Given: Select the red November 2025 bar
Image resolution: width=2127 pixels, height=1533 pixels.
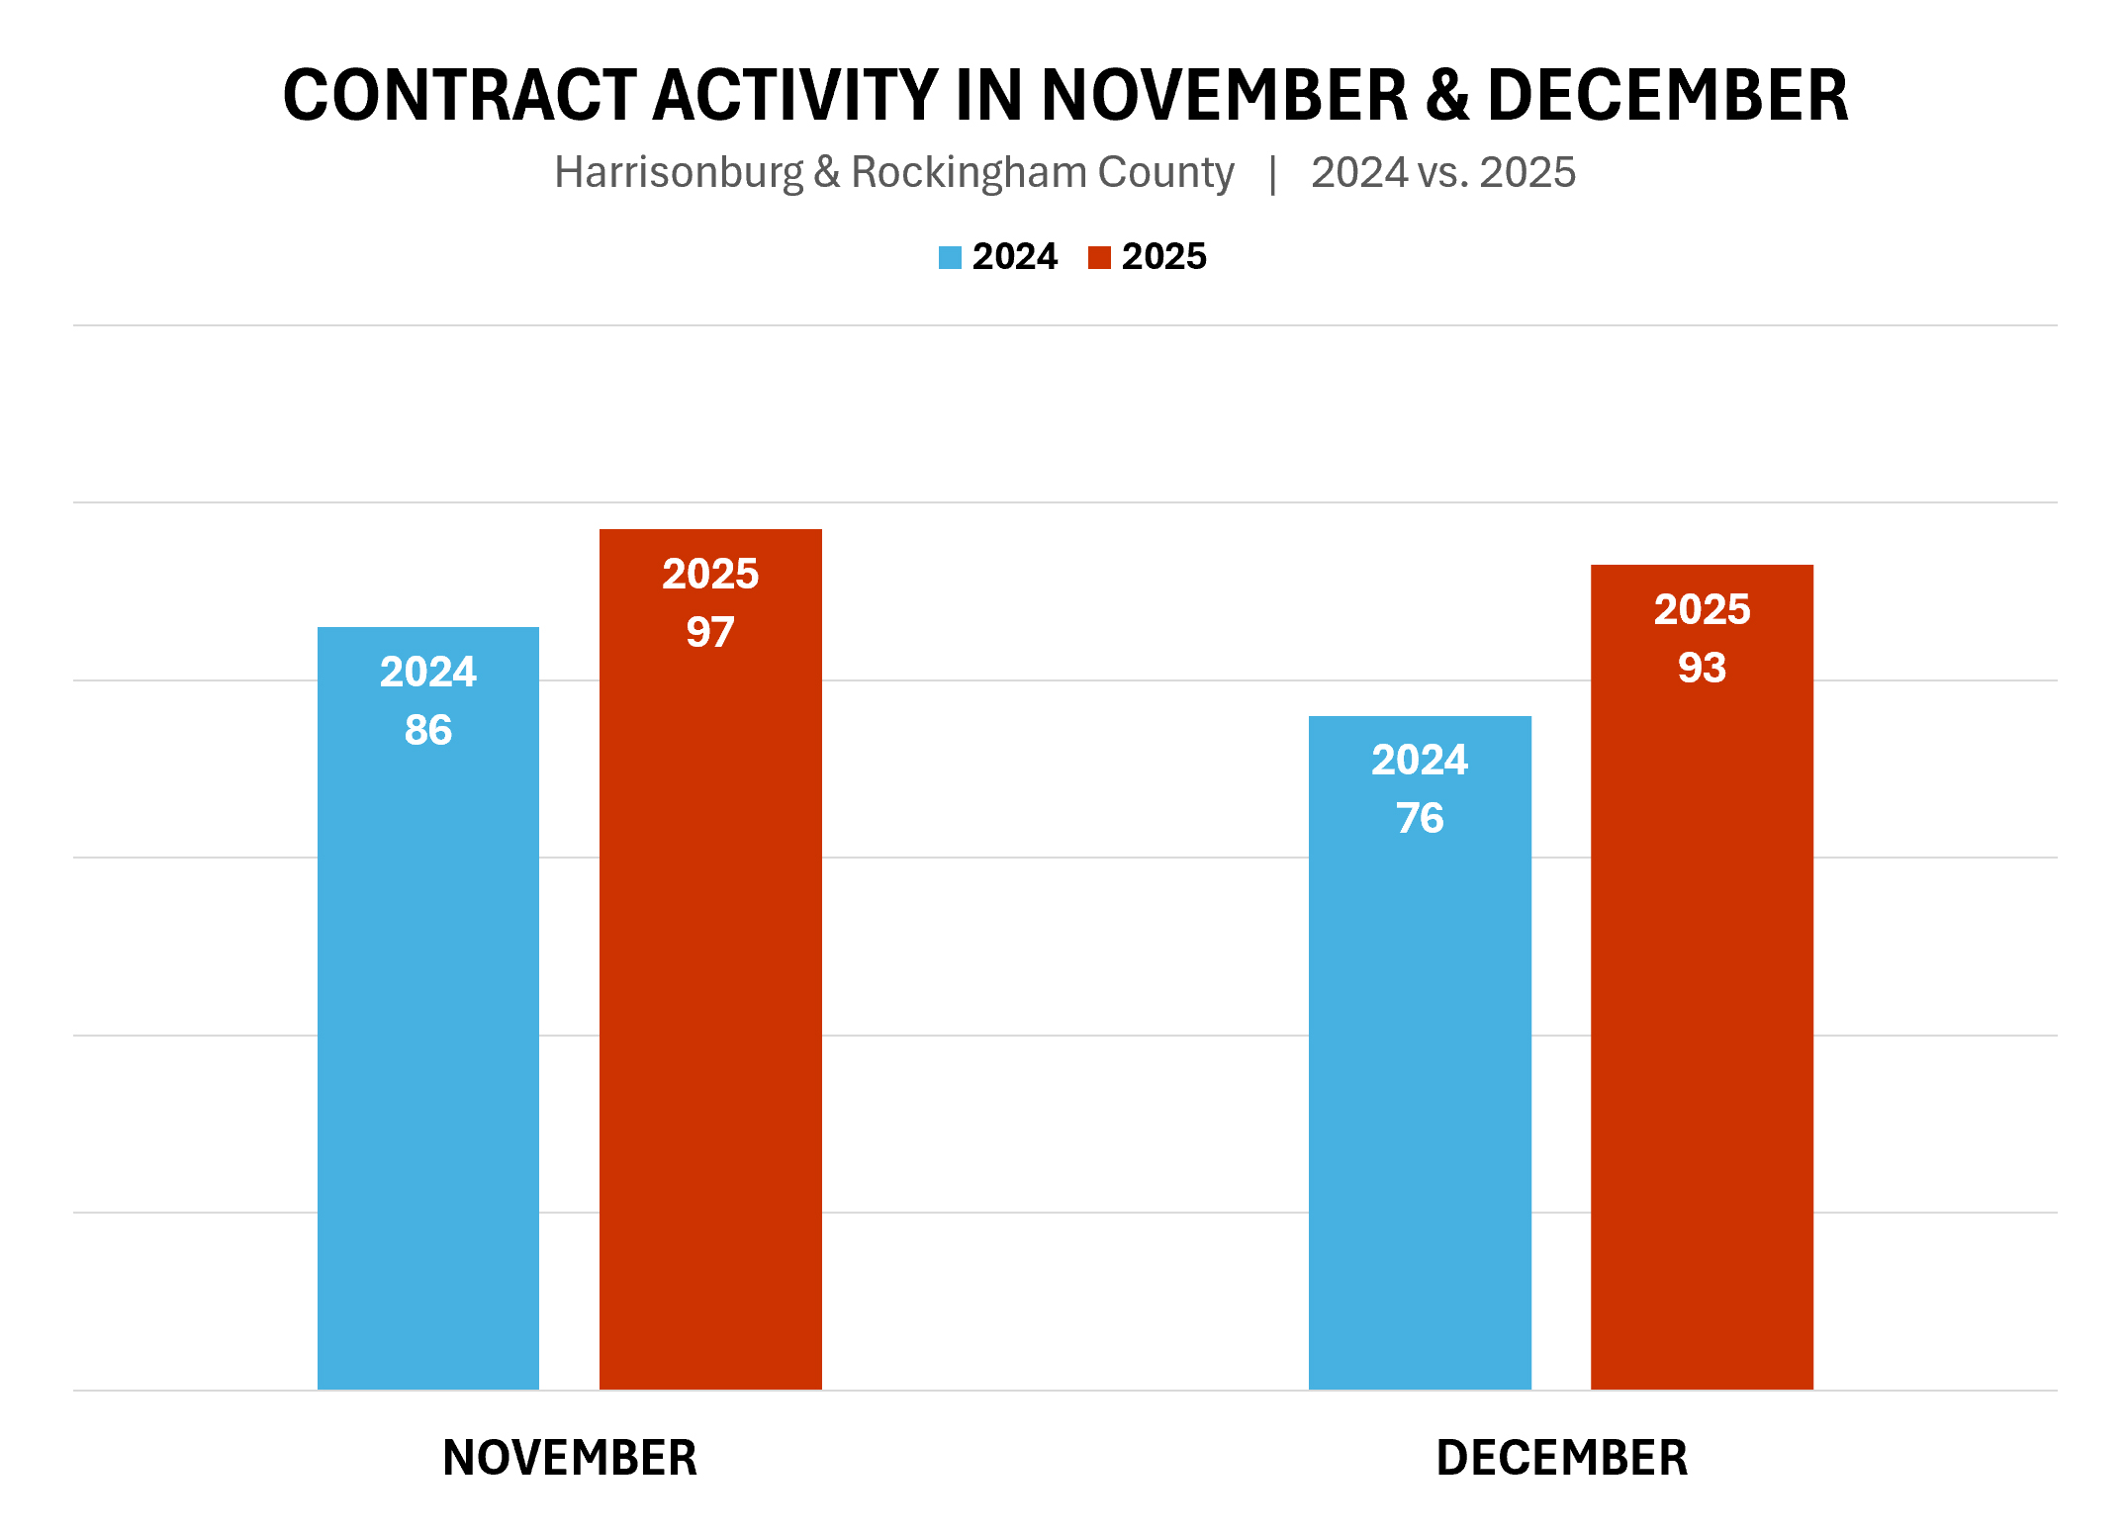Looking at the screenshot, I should point(710,989).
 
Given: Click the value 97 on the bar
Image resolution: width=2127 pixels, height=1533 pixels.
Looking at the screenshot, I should point(710,632).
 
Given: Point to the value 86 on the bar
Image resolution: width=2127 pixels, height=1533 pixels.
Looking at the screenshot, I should point(427,730).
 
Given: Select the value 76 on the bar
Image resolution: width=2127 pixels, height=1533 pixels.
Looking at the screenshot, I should point(1420,818).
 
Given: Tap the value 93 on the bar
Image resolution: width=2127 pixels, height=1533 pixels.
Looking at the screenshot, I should point(1702,668).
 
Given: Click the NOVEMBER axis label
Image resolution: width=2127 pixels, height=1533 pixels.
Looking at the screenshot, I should point(570,1458).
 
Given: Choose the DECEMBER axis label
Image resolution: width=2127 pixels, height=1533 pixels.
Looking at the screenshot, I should point(1561,1458).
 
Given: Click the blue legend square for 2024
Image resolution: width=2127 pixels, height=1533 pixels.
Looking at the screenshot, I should point(950,258).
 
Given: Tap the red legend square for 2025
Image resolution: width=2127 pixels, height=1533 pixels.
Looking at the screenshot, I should point(1099,258).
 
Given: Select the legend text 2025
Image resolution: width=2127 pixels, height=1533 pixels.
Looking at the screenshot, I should point(1163,257).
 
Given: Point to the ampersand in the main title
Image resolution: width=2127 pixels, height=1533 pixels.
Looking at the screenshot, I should point(1447,96).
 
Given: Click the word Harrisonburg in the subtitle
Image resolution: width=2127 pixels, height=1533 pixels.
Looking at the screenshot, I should point(679,173).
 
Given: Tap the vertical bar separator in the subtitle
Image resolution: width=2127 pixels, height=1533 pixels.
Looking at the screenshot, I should point(1273,173).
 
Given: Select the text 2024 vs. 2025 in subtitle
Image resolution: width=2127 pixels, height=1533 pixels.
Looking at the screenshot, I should point(1442,173).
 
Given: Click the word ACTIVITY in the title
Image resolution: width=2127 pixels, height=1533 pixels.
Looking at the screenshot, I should point(794,96).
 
